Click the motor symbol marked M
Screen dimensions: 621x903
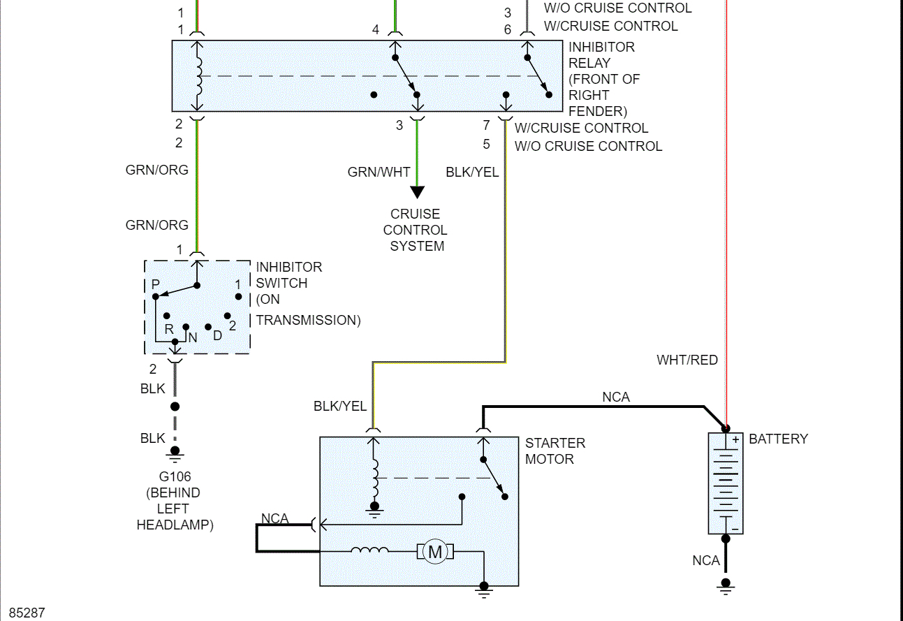pyautogui.click(x=435, y=552)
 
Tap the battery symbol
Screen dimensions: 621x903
pyautogui.click(x=726, y=483)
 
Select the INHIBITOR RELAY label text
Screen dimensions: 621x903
pyautogui.click(x=602, y=55)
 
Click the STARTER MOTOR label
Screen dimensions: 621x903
pyautogui.click(x=555, y=451)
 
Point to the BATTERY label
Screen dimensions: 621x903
pyautogui.click(x=778, y=439)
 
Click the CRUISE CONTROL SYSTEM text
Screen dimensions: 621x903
pyautogui.click(x=416, y=230)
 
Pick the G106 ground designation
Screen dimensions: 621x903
pyautogui.click(x=175, y=477)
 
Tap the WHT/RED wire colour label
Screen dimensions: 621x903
pyautogui.click(x=687, y=360)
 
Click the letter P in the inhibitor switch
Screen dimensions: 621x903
pyautogui.click(x=156, y=284)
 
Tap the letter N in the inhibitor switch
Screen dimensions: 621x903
pyautogui.click(x=193, y=337)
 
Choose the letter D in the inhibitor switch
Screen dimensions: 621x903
pyautogui.click(x=217, y=335)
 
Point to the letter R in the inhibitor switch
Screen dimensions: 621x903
pyautogui.click(x=169, y=328)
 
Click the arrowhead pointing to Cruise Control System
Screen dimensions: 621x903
pyautogui.click(x=417, y=192)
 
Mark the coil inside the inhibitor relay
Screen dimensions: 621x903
pyautogui.click(x=198, y=75)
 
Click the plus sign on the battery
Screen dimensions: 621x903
pyautogui.click(x=735, y=441)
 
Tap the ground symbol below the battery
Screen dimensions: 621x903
pyautogui.click(x=726, y=585)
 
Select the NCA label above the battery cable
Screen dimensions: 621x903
pyautogui.click(x=616, y=397)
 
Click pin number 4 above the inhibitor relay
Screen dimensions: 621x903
pyautogui.click(x=376, y=30)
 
